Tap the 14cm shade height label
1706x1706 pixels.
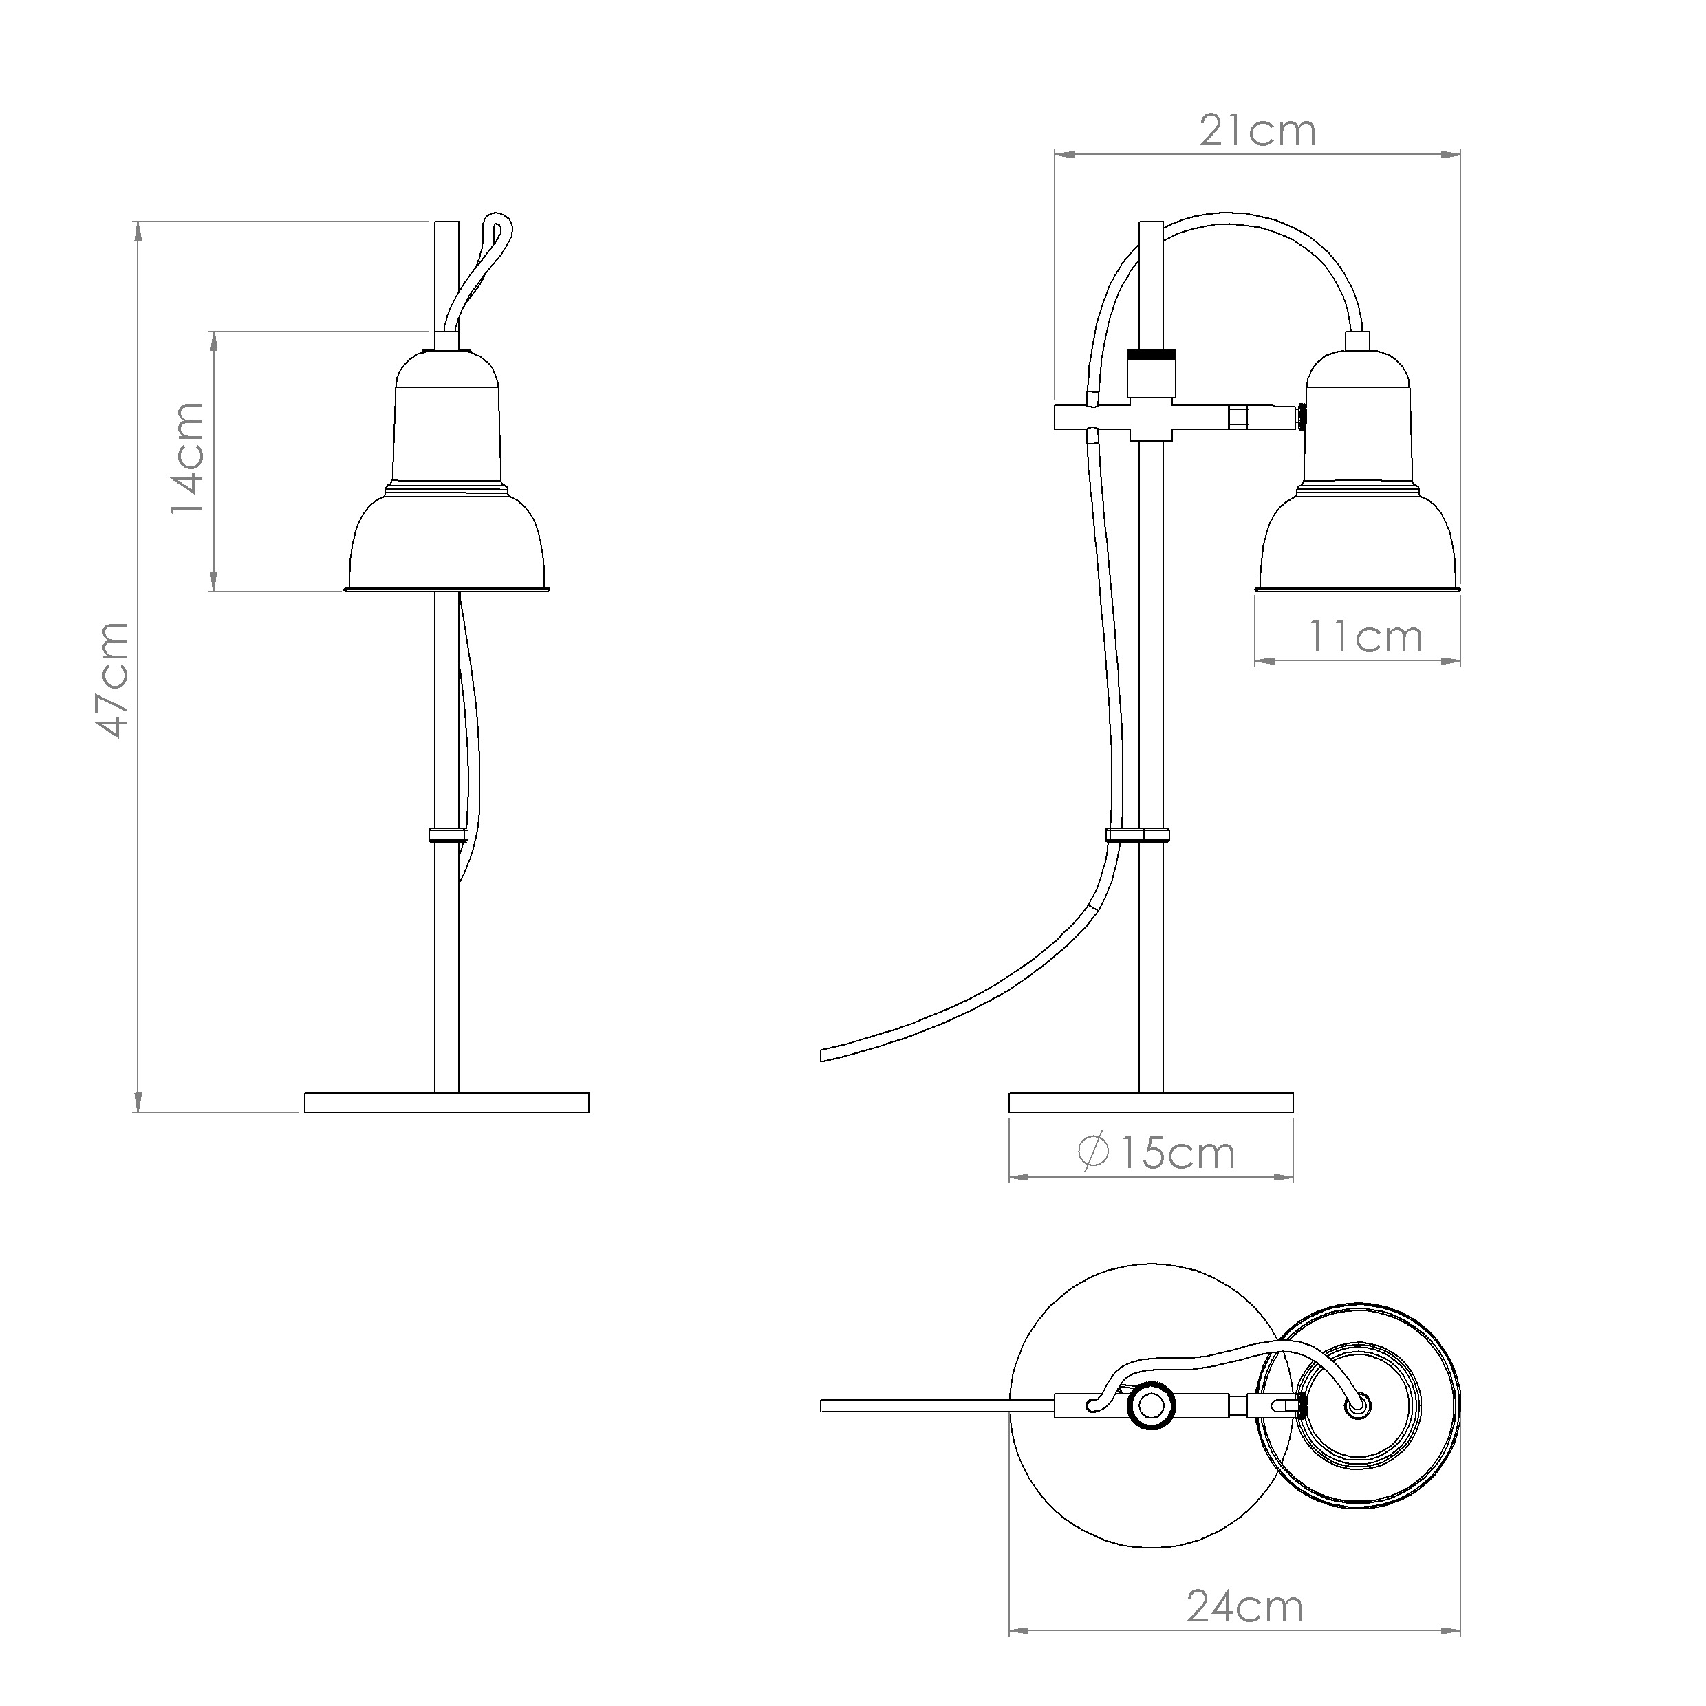pos(187,458)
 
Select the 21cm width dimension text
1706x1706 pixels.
pos(1257,131)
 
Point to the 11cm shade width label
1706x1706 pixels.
pos(1365,637)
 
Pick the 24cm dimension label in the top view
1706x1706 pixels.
pos(1245,1632)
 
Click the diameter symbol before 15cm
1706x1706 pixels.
pos(1094,1153)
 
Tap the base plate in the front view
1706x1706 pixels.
pos(447,1102)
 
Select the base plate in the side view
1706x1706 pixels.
pos(1151,1102)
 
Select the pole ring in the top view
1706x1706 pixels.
pos(1152,1403)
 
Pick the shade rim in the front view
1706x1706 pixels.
pos(447,587)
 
